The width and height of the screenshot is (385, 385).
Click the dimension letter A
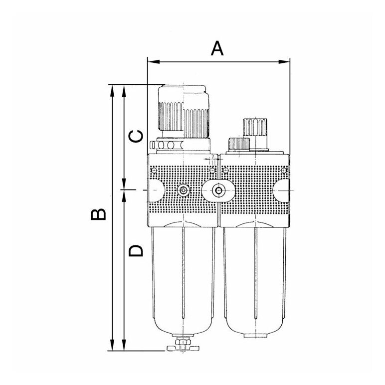coord(217,48)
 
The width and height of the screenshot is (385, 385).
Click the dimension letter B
coord(98,214)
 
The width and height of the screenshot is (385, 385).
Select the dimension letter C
coord(136,136)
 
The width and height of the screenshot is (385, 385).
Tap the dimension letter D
coord(136,250)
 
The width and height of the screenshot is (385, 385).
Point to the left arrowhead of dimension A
coord(154,62)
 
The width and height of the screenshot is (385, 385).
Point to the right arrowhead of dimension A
coord(284,62)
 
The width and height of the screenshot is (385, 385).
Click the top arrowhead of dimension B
coord(112,91)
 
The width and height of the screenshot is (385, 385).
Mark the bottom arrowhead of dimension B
coord(112,345)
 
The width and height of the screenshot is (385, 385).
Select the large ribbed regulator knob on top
coord(184,112)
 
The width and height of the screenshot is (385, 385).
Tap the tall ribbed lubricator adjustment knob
coord(255,127)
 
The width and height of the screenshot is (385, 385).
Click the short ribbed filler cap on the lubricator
coord(239,144)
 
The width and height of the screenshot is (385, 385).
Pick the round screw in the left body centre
coord(183,191)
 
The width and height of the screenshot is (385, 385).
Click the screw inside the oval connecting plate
coord(218,191)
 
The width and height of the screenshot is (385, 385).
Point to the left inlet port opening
coord(156,191)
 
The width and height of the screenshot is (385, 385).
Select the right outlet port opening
coord(281,191)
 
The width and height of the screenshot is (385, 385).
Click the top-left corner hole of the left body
coord(154,170)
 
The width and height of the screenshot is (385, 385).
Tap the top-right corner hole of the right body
coord(284,170)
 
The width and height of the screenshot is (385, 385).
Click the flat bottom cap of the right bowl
coord(256,336)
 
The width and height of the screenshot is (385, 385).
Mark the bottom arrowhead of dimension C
coord(124,184)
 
